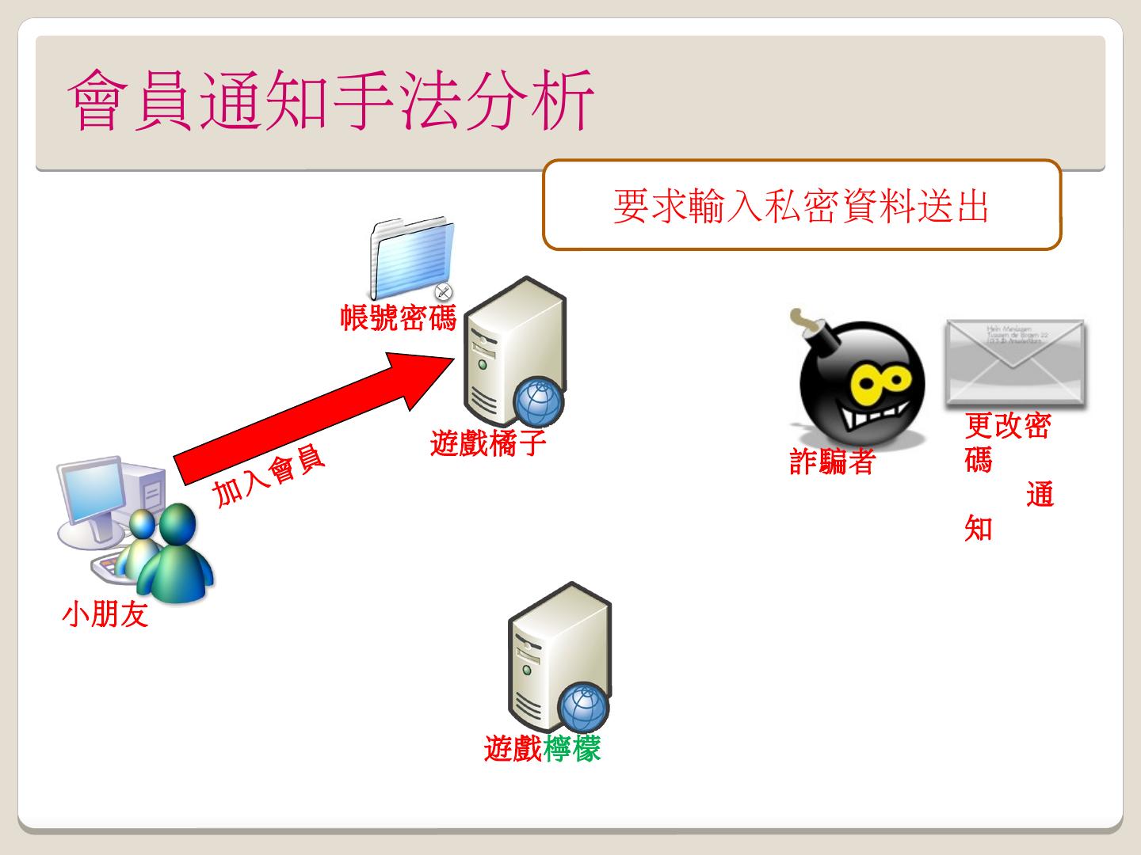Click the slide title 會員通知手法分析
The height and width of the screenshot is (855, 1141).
tap(331, 101)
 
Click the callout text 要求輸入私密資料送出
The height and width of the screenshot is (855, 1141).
tap(801, 206)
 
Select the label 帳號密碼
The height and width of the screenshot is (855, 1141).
tap(399, 317)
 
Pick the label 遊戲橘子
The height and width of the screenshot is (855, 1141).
tap(488, 443)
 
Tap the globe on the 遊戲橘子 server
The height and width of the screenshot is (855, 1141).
tap(539, 401)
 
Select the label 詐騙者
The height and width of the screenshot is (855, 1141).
tap(832, 461)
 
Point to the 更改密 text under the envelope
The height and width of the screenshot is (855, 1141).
tap(1008, 426)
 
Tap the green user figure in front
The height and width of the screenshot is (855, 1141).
tap(176, 554)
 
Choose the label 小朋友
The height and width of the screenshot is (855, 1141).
tap(105, 614)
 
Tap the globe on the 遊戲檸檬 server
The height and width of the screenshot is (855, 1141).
tap(584, 706)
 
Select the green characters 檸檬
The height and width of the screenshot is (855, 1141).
tap(572, 748)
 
